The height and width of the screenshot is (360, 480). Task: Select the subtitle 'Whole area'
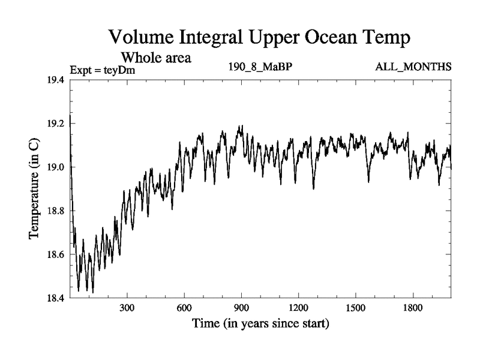[x=156, y=58]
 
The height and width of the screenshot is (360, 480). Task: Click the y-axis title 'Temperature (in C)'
[x=35, y=190]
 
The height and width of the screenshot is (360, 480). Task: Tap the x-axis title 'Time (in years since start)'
[x=260, y=325]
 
